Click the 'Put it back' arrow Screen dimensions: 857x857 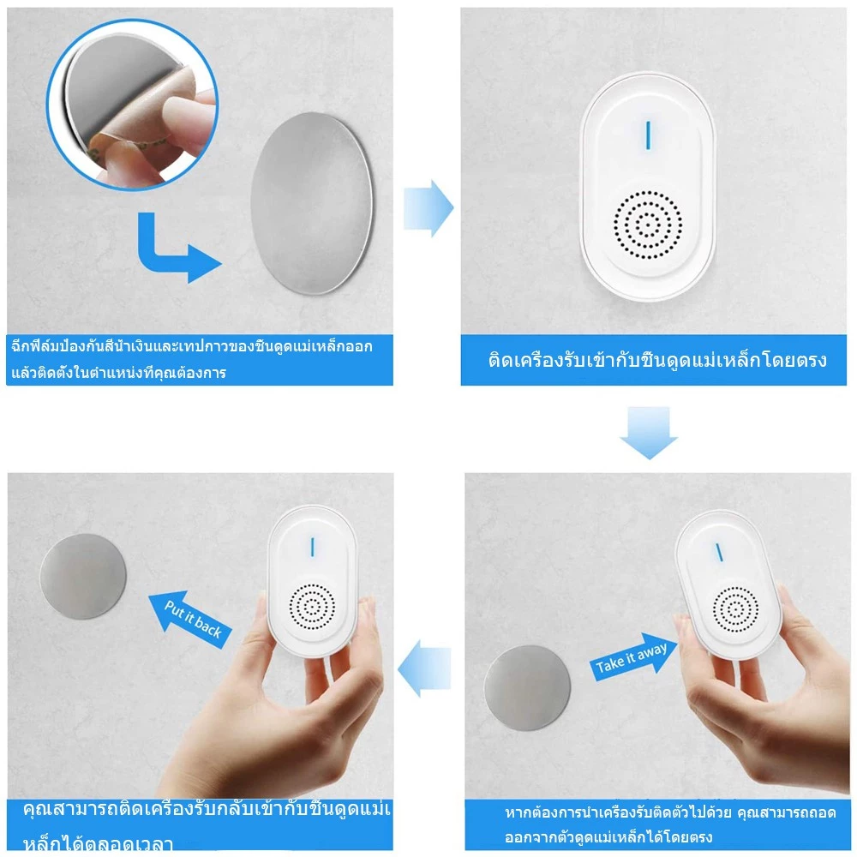(x=190, y=620)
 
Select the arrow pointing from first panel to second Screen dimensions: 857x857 (x=428, y=208)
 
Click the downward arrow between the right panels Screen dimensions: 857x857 (x=649, y=432)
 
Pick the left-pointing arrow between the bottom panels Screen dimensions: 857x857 (x=424, y=668)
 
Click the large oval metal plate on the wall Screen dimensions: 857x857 (x=312, y=203)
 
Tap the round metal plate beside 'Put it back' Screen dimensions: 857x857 (x=83, y=577)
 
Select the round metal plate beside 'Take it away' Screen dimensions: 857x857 (x=527, y=687)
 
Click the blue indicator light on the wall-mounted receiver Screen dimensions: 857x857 (x=648, y=135)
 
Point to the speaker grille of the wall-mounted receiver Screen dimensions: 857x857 (x=648, y=225)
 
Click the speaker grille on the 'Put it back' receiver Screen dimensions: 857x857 (x=312, y=606)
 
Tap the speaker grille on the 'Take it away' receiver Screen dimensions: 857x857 (x=735, y=609)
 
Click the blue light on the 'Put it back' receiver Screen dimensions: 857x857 (x=313, y=547)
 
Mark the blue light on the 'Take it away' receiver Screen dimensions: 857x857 (x=719, y=552)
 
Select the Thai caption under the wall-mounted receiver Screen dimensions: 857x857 (x=657, y=360)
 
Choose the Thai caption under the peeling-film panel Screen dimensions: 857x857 (x=191, y=360)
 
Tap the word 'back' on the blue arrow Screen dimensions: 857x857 (x=207, y=627)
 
